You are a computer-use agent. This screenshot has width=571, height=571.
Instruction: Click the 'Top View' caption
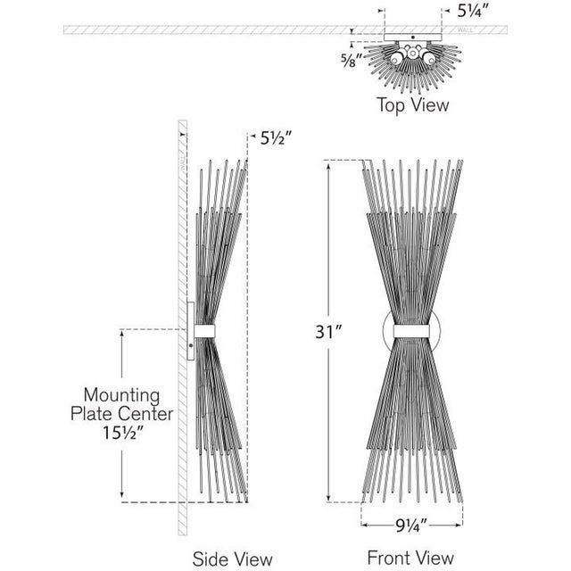pos(411,104)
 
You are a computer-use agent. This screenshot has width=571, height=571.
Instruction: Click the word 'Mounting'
pos(121,394)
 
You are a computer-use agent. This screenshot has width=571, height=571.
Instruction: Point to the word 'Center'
pos(145,414)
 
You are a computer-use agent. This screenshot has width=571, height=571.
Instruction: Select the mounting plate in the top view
pos(411,37)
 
